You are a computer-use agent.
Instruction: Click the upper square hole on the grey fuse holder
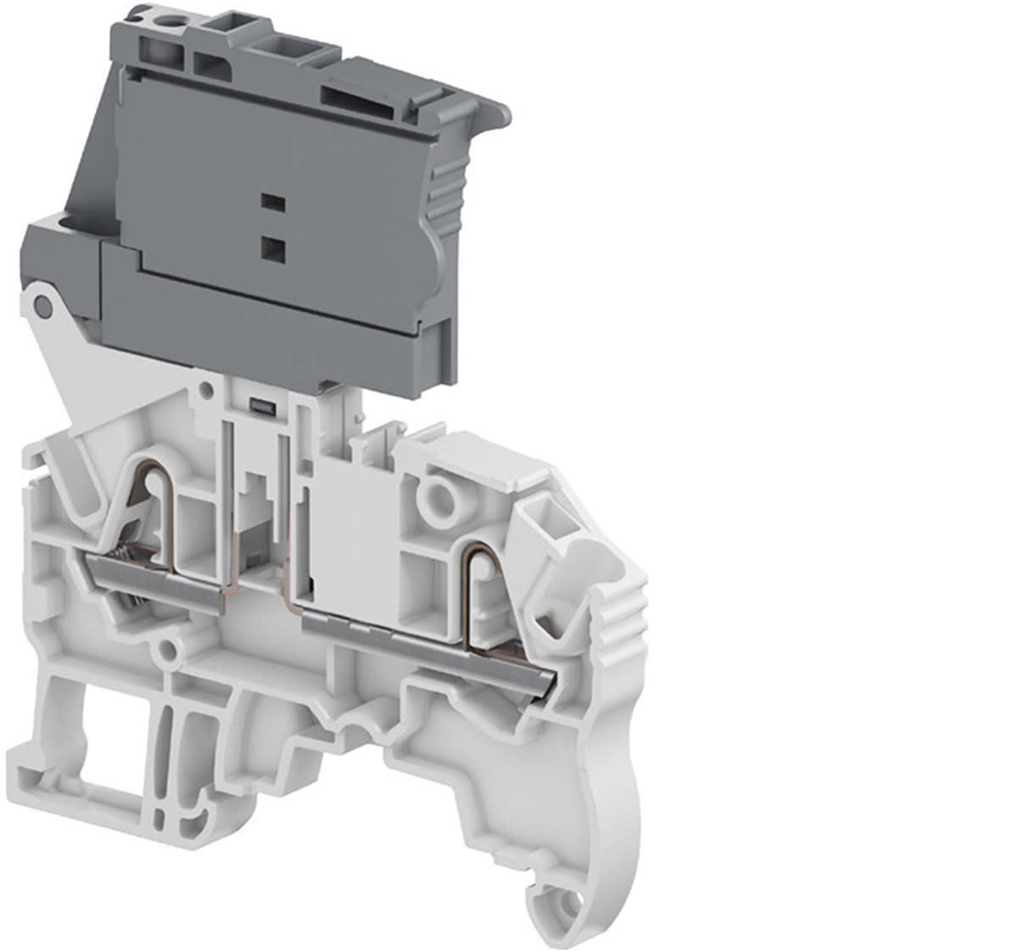tap(271, 201)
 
